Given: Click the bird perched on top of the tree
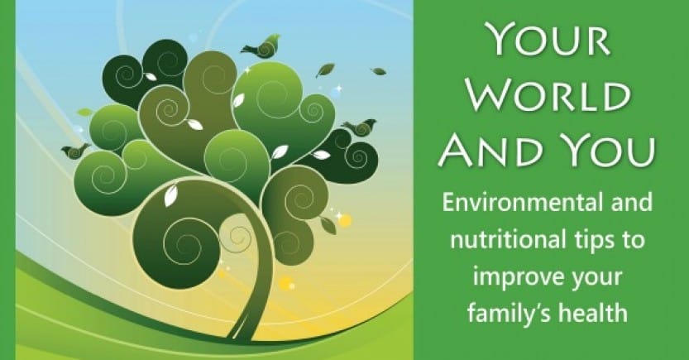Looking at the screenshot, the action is point(262,46).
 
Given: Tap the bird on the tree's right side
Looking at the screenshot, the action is point(361,127).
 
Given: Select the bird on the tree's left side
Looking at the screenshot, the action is point(75,151).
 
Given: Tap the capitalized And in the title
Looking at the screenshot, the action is point(496,151).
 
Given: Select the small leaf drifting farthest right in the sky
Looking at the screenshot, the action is point(378,71).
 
